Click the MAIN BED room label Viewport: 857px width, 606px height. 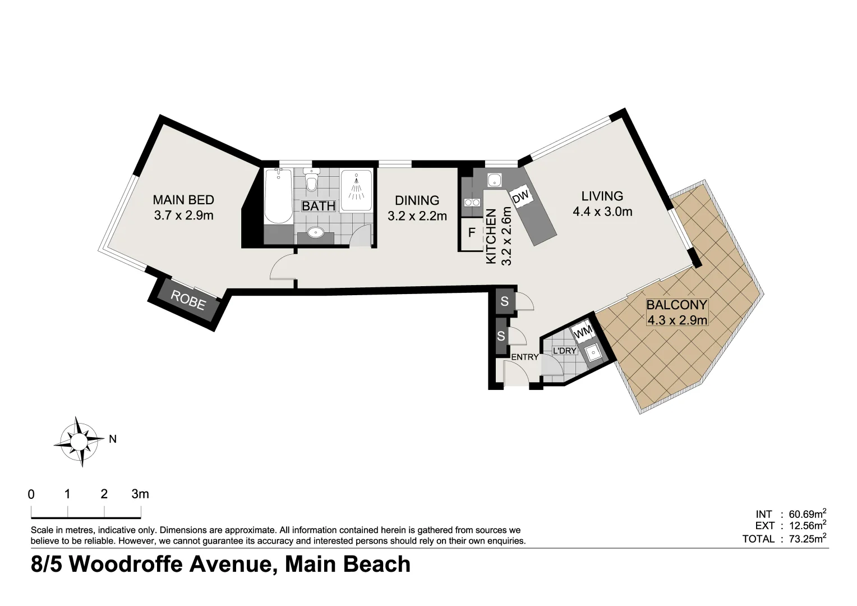pos(183,200)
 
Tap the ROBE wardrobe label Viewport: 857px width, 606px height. pos(188,300)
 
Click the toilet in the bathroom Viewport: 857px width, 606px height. pos(312,181)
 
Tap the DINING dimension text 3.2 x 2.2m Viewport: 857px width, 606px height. pos(417,216)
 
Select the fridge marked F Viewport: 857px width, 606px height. pos(472,232)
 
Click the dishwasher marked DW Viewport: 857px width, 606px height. pos(520,197)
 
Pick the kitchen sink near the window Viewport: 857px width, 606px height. pos(494,181)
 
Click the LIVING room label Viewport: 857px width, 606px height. pos(602,196)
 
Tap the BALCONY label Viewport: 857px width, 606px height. pos(677,305)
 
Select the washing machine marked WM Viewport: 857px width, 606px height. pos(584,332)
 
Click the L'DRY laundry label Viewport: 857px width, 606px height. pos(564,351)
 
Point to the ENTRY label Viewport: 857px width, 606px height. pos(524,357)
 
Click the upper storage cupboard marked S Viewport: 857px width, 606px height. pos(504,302)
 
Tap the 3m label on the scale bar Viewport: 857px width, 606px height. pos(140,494)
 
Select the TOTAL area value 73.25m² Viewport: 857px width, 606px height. pos(808,539)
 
